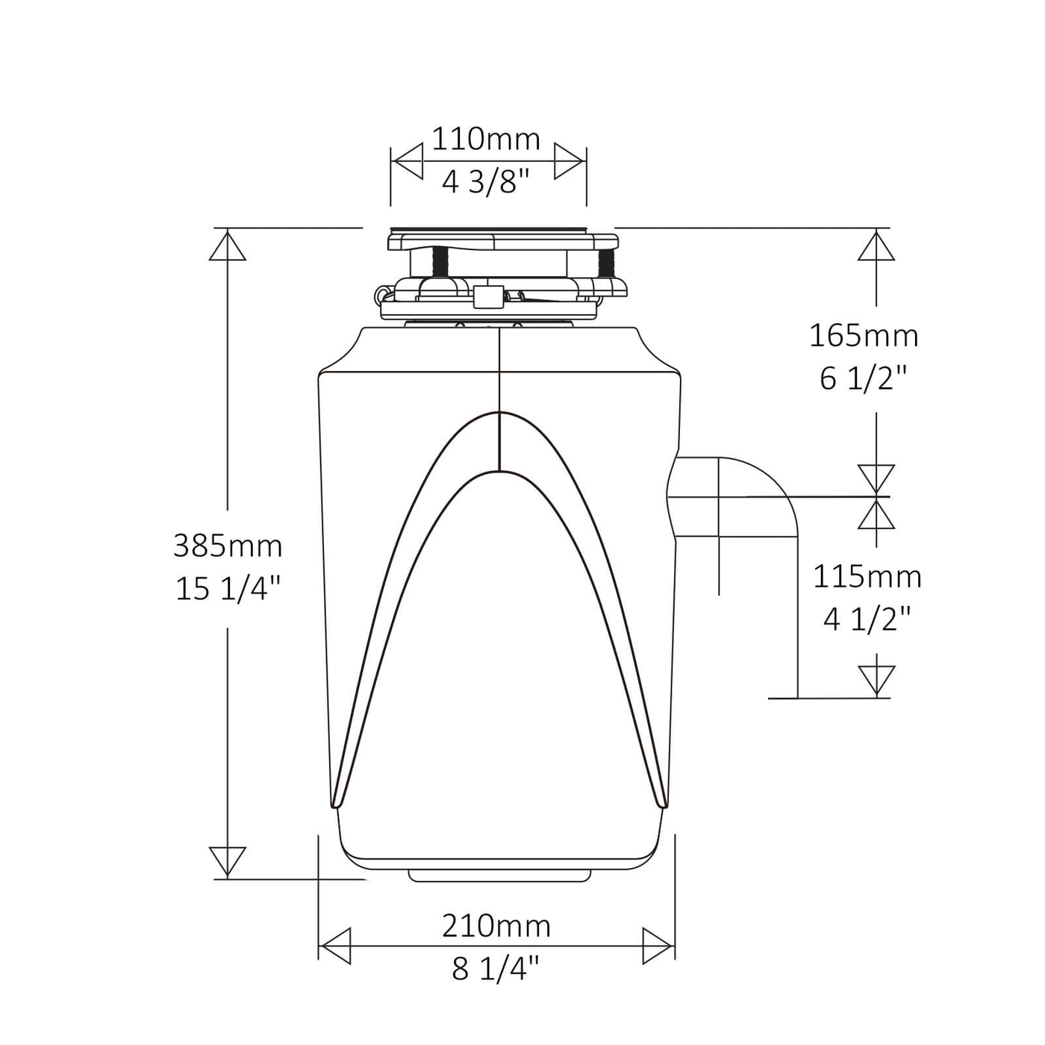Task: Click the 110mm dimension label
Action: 486,140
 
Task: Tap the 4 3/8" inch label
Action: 486,181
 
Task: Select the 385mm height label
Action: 228,546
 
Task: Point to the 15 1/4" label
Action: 228,589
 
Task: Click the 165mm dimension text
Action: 864,336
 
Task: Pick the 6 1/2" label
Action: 864,379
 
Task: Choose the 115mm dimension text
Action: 867,577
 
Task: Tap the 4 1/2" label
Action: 867,620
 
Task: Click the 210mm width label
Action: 496,926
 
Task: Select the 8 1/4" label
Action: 496,969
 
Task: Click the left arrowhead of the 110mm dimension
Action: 408,162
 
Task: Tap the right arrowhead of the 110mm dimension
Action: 569,162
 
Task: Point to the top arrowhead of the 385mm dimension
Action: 228,246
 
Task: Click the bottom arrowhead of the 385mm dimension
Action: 228,861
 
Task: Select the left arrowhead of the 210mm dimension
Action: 335,946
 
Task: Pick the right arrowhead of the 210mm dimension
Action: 658,946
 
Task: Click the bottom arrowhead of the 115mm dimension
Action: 876,680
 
